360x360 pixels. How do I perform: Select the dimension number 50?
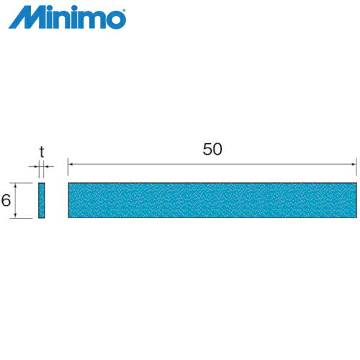[x=212, y=150]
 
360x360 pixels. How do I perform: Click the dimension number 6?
[x=6, y=201]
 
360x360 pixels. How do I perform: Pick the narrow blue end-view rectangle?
[x=42, y=200]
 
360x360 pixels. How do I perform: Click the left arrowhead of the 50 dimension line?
[x=71, y=166]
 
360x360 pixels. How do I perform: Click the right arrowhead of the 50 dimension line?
[x=354, y=166]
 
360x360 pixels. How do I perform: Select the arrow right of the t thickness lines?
[x=48, y=166]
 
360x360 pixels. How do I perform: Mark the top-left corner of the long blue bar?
[x=68, y=184]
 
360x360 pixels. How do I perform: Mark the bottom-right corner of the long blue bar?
[x=356, y=217]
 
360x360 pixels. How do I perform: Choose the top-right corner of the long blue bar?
[x=356, y=184]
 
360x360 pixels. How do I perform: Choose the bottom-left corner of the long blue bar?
[x=68, y=217]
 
